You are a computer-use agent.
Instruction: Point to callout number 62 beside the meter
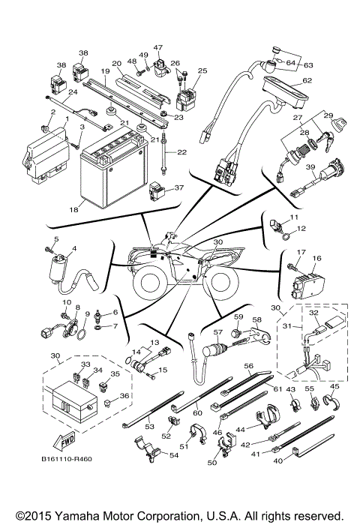[307, 80]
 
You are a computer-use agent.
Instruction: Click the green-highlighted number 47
[158, 47]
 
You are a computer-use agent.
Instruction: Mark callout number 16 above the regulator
[316, 257]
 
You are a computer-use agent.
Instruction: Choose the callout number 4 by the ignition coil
[73, 248]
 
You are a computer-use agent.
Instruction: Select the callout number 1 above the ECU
[67, 118]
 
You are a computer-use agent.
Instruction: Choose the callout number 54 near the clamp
[175, 455]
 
